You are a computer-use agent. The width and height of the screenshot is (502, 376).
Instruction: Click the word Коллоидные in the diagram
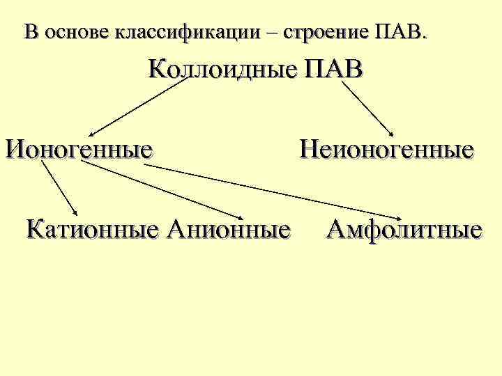pyautogui.click(x=222, y=71)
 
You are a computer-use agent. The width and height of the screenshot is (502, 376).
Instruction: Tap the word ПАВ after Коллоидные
pyautogui.click(x=333, y=70)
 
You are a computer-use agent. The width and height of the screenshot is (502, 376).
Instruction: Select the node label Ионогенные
pyautogui.click(x=79, y=148)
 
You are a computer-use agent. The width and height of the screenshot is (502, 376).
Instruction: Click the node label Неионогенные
pyautogui.click(x=387, y=148)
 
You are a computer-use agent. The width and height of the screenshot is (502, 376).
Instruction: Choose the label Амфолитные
pyautogui.click(x=404, y=228)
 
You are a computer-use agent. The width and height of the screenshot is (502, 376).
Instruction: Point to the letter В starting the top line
pyautogui.click(x=29, y=32)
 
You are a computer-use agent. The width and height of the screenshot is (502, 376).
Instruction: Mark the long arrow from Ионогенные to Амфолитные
pyautogui.click(x=279, y=191)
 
